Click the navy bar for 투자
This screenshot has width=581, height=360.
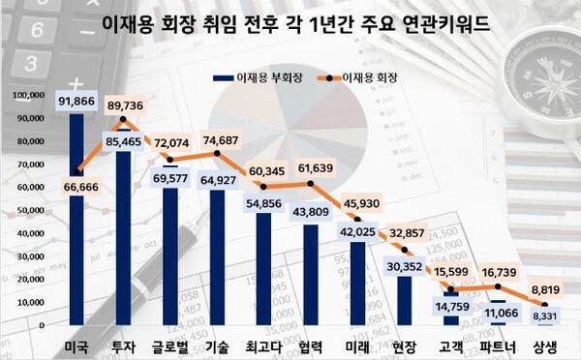(x=122, y=232)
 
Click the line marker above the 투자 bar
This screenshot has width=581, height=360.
(x=122, y=120)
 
